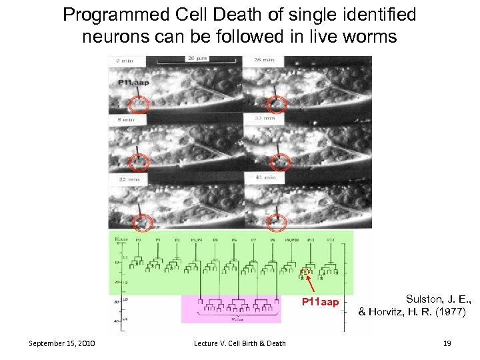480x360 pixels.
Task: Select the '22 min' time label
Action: tap(129, 179)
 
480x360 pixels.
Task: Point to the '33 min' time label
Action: tap(265, 118)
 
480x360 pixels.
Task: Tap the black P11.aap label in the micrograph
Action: tap(133, 83)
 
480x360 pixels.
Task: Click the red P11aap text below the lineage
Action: tap(320, 303)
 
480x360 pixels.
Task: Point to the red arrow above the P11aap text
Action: tap(311, 285)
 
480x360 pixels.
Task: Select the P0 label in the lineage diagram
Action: tap(138, 240)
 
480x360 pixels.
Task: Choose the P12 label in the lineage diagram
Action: tap(331, 240)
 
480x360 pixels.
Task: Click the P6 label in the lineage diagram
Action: tap(233, 240)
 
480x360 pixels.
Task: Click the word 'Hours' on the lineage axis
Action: tap(121, 239)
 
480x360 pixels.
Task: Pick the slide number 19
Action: tap(447, 343)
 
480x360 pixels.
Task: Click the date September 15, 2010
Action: tap(62, 343)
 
